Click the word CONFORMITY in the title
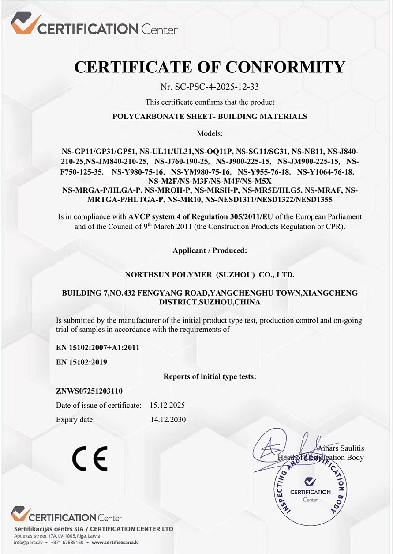click(x=285, y=67)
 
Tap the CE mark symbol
click(x=90, y=458)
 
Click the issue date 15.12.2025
click(x=168, y=405)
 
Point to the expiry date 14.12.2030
click(x=168, y=419)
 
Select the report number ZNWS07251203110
click(x=89, y=391)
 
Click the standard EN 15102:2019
click(x=82, y=362)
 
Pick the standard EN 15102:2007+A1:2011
click(x=97, y=347)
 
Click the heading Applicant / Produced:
click(x=210, y=250)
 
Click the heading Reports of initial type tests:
click(x=210, y=376)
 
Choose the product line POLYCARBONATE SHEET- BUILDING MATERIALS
click(x=210, y=117)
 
